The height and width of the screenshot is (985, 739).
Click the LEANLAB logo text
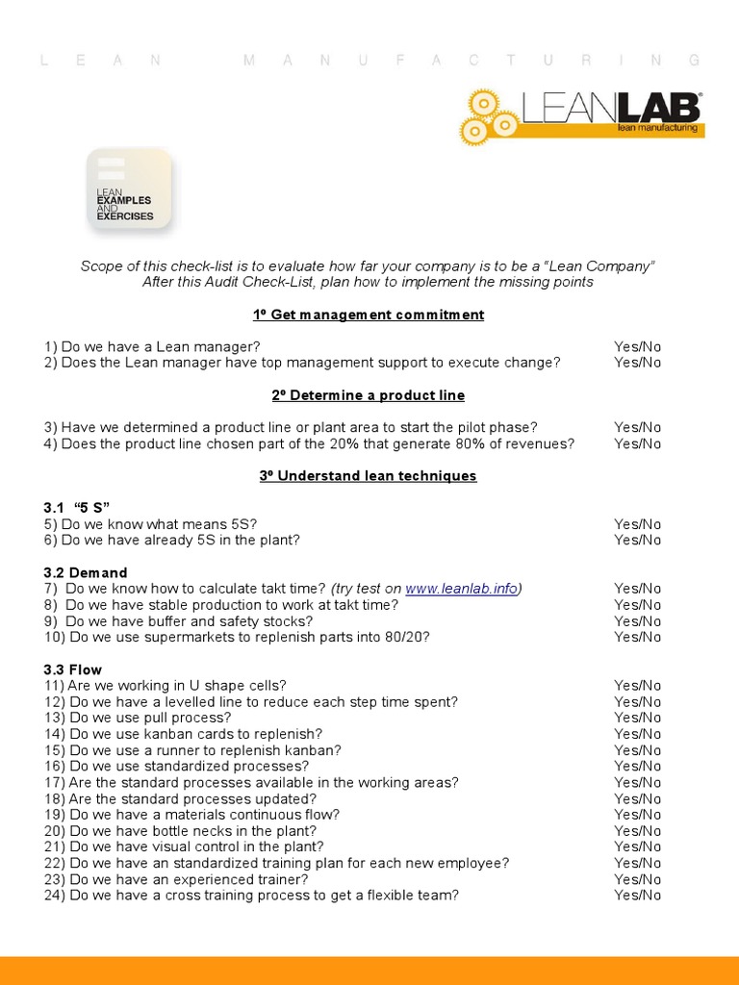pyautogui.click(x=611, y=108)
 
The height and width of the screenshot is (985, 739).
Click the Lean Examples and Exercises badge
pyautogui.click(x=129, y=189)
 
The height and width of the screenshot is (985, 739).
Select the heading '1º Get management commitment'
pyautogui.click(x=369, y=315)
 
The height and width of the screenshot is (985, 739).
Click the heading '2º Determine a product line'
pyautogui.click(x=369, y=395)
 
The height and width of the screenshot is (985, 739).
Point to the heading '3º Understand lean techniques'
pyautogui.click(x=369, y=476)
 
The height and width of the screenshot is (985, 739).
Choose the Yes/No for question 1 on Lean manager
pyautogui.click(x=637, y=346)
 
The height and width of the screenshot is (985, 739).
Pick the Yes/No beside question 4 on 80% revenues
pyautogui.click(x=637, y=443)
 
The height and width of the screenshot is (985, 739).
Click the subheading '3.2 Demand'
pyautogui.click(x=85, y=572)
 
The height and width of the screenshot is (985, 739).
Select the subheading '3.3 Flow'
pyautogui.click(x=72, y=669)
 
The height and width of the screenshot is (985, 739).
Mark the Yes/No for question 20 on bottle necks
pyautogui.click(x=637, y=831)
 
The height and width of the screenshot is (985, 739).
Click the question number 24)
pyautogui.click(x=54, y=896)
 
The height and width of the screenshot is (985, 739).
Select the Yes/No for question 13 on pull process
pyautogui.click(x=637, y=718)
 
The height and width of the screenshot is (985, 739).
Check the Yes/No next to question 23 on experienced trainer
pyautogui.click(x=637, y=879)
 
